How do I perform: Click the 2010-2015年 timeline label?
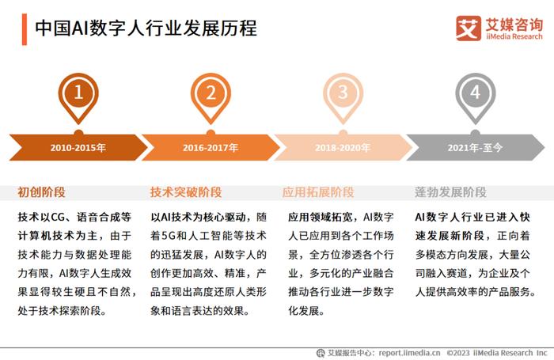pyautogui.click(x=78, y=147)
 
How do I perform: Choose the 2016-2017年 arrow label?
pyautogui.click(x=211, y=147)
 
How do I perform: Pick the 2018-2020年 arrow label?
pyautogui.click(x=343, y=147)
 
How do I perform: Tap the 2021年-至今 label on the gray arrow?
pyautogui.click(x=475, y=147)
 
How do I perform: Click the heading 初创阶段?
pyautogui.click(x=42, y=192)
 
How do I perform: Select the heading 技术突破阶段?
pyautogui.click(x=186, y=192)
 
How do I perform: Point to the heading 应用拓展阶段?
pyautogui.click(x=318, y=192)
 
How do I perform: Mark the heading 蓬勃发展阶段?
pyautogui.click(x=450, y=192)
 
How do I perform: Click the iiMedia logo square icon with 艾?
pyautogui.click(x=469, y=28)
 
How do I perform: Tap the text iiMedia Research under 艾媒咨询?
pyautogui.click(x=514, y=36)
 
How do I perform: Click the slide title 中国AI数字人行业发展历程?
pyautogui.click(x=146, y=28)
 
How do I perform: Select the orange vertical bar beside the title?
pyautogui.click(x=25, y=29)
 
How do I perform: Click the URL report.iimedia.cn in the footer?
pyautogui.click(x=409, y=353)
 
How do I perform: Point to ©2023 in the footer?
pyautogui.click(x=458, y=353)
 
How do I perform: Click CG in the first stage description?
pyautogui.click(x=58, y=217)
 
